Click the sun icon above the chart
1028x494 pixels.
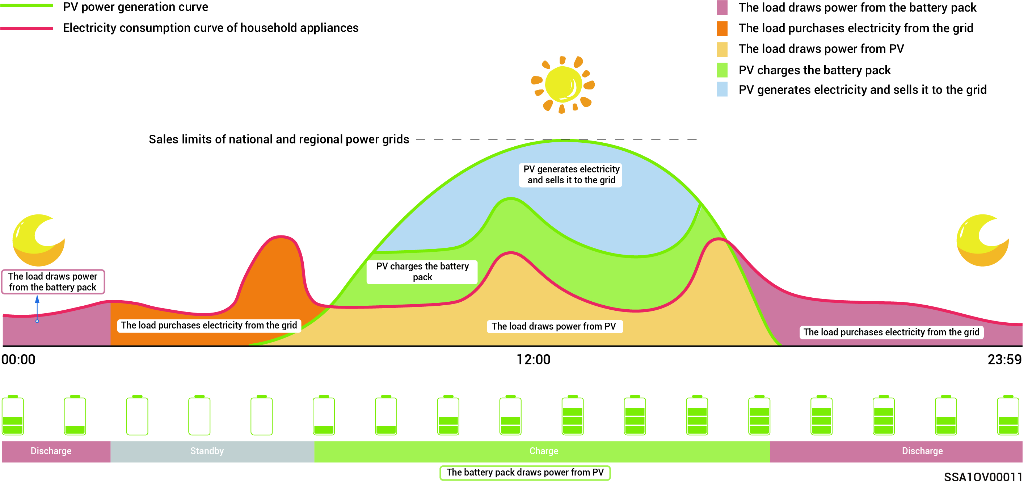click(563, 85)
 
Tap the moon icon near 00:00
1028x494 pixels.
click(38, 240)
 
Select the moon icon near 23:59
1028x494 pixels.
click(982, 240)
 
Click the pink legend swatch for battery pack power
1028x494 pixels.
click(722, 8)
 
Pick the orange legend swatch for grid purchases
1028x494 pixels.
click(722, 28)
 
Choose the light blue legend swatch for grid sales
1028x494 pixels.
click(722, 89)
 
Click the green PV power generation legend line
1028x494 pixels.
click(27, 5)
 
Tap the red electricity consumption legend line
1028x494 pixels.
click(27, 28)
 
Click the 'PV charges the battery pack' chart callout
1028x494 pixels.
click(422, 272)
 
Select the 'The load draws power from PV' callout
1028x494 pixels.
click(554, 326)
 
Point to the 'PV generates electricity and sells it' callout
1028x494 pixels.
click(571, 175)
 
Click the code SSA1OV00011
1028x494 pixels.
click(982, 477)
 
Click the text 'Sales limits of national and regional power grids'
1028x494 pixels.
click(279, 139)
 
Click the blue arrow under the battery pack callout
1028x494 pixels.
click(37, 308)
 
